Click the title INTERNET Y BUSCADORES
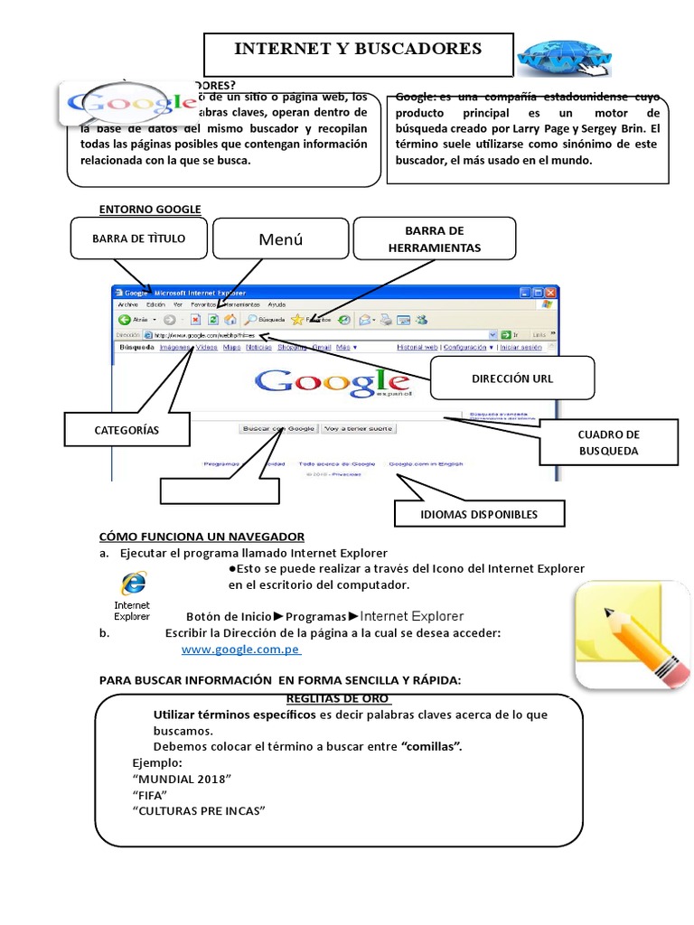(x=359, y=50)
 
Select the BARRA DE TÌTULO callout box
(x=138, y=238)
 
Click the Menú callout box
(x=280, y=239)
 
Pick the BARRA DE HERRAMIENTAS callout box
(x=434, y=238)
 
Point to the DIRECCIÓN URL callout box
(x=512, y=378)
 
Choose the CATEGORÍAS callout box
(x=127, y=430)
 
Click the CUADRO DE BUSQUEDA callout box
(x=608, y=442)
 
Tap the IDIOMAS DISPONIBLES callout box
(x=479, y=514)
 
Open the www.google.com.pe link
(x=241, y=649)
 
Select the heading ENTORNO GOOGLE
(x=150, y=210)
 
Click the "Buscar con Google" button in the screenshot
(x=278, y=428)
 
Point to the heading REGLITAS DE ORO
(x=338, y=699)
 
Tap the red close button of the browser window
(x=552, y=294)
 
